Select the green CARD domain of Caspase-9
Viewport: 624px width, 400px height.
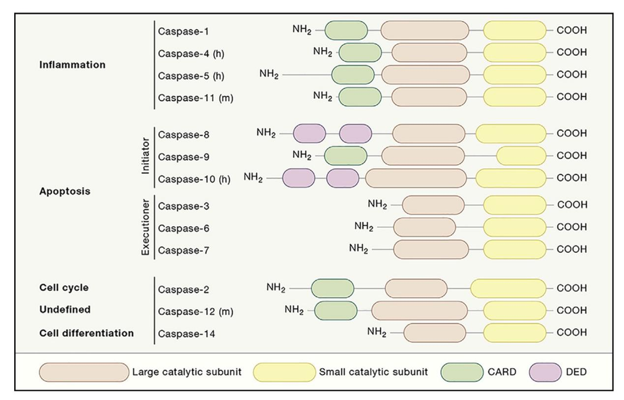click(x=345, y=156)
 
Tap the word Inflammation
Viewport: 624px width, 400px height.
click(x=72, y=65)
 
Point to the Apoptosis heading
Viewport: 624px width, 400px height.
click(x=65, y=191)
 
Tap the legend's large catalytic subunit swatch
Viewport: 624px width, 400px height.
click(x=84, y=373)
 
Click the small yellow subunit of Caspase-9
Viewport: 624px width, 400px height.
click(x=521, y=156)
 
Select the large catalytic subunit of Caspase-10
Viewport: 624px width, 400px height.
click(x=416, y=178)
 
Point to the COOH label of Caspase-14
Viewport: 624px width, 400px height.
click(x=571, y=333)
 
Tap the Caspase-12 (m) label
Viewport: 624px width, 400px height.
click(x=195, y=311)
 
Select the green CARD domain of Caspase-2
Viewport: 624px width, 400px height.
click(x=332, y=289)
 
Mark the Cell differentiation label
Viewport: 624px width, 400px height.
click(x=86, y=333)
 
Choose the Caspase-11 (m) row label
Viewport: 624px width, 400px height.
click(x=195, y=97)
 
